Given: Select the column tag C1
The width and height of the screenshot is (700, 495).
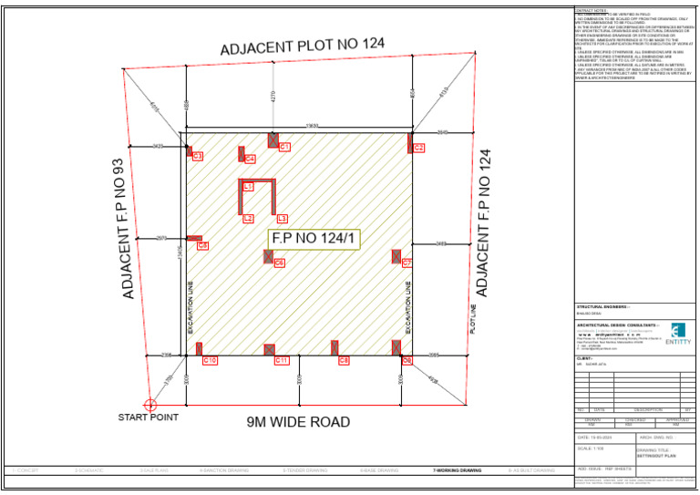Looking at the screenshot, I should pos(284,147).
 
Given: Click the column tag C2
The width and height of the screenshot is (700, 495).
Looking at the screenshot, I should pos(418,148).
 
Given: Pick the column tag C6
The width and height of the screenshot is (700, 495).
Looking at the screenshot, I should pos(279,263).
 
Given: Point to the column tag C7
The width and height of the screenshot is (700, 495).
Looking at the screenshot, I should pos(407,263).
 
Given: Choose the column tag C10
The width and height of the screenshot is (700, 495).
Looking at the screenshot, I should pos(210,361).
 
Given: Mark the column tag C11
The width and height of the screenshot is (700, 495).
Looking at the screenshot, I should pos(282,361).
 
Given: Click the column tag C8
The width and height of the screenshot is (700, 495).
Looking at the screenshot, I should pos(344,361).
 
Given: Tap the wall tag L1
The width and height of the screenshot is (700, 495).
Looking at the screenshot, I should pos(248,186).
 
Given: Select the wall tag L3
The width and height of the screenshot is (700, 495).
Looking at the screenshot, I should pos(282,219).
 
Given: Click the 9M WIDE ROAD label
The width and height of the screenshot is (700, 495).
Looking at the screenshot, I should pos(298,422).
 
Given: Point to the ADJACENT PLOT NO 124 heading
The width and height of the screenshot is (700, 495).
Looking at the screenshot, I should pos(303,46).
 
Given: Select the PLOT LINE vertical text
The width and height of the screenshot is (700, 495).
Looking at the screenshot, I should pos(472,320).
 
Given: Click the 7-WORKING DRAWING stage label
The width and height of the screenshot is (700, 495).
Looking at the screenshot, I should pos(457,470).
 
